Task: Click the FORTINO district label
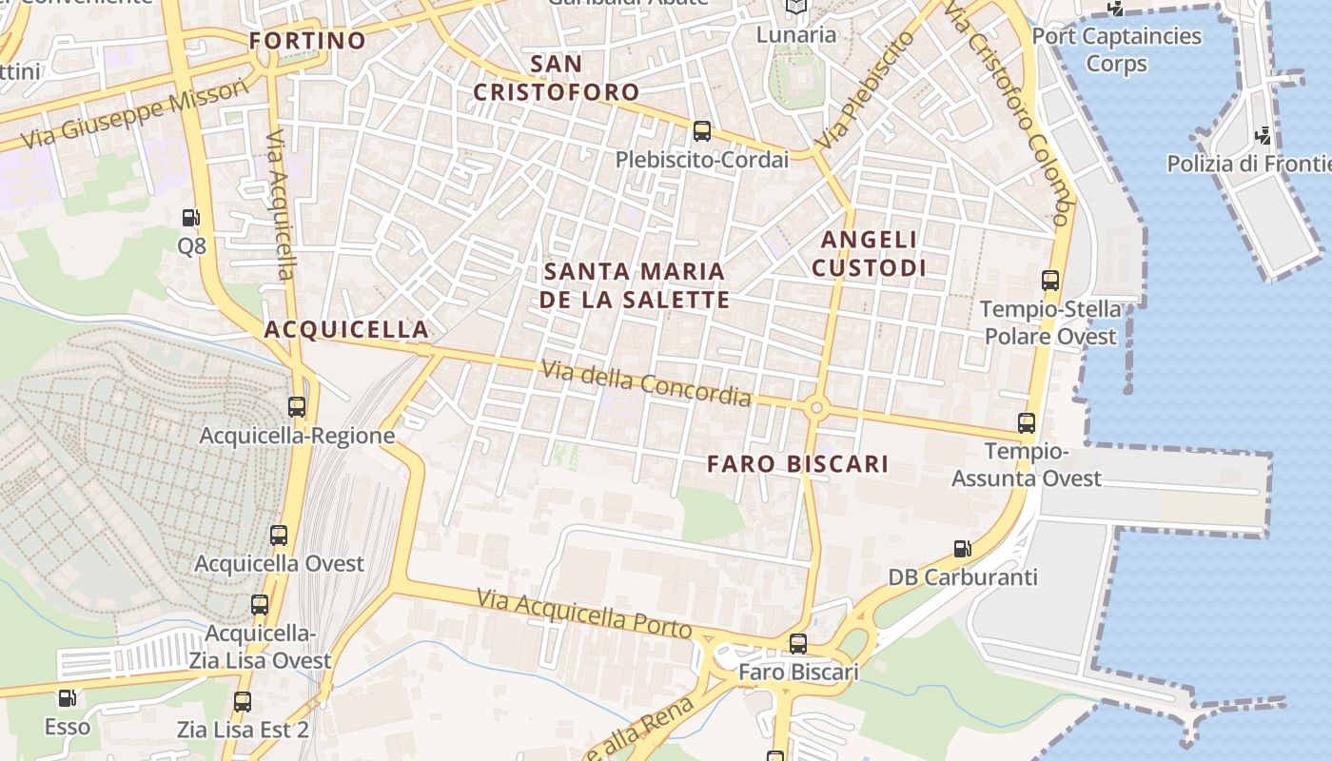coord(307,40)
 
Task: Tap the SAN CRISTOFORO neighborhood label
coord(557,78)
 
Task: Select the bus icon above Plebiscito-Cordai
coord(702,131)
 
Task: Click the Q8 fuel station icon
coord(191,218)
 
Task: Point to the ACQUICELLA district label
coord(346,330)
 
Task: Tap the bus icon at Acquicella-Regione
coord(297,407)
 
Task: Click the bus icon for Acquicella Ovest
coord(279,535)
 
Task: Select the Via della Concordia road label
coord(646,382)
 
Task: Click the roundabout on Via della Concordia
coord(815,408)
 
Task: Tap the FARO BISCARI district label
coord(797,464)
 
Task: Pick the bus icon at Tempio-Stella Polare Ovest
coord(1050,281)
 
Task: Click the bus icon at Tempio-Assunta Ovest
coord(1027,423)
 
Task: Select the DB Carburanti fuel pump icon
coord(963,549)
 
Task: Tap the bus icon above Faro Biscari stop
coord(798,644)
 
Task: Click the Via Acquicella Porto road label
coord(584,614)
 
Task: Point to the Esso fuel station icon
coord(67,698)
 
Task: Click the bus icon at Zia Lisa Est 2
coord(243,702)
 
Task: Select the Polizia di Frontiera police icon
coord(1263,135)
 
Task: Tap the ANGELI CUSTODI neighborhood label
coord(868,254)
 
